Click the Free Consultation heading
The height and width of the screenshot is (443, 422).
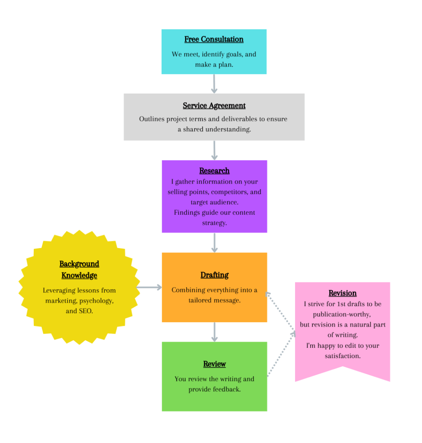(214, 39)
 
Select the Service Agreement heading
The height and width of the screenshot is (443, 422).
(214, 106)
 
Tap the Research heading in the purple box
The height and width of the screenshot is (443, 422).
(214, 171)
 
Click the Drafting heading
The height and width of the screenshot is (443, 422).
(214, 275)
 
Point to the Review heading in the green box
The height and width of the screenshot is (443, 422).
(214, 364)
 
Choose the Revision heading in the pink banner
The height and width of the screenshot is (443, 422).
(342, 293)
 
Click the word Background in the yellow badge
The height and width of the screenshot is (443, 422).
(79, 264)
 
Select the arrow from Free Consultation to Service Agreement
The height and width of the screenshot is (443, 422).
(214, 84)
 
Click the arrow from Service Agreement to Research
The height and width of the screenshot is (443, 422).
(214, 150)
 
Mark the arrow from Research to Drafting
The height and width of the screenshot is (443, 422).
(214, 243)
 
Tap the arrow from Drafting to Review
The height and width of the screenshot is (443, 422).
(214, 332)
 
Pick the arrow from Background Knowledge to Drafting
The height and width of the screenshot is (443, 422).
(149, 287)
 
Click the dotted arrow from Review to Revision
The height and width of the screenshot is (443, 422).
(281, 355)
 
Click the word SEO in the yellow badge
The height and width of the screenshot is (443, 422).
(85, 311)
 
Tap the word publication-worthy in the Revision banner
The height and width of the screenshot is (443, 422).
(342, 314)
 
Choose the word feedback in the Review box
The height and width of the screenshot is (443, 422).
(226, 389)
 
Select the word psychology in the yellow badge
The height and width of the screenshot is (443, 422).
(97, 301)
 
